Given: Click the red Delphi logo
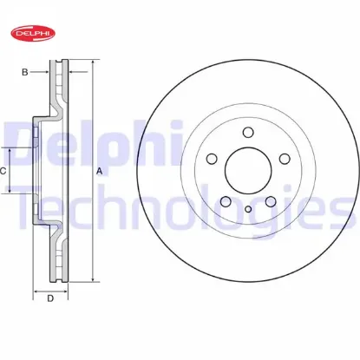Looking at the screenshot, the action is (33, 33).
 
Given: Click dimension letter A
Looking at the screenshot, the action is (99, 172).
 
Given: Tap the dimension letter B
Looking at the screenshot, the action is (25, 72).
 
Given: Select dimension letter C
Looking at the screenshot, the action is (3, 171).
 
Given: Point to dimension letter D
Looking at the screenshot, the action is (50, 298).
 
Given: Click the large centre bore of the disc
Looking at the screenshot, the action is (248, 171).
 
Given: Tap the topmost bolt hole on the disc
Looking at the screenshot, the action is (248, 132).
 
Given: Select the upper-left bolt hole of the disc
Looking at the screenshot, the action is (212, 159).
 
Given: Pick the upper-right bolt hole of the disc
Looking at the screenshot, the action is (285, 159).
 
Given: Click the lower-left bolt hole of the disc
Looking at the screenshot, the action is (226, 201).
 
